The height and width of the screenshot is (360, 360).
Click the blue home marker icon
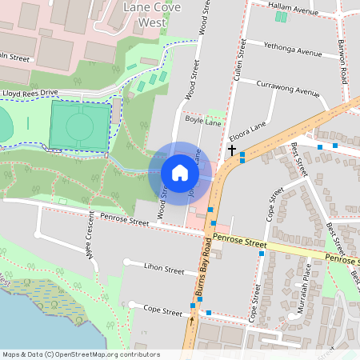(179, 172)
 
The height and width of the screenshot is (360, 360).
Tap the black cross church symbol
(232, 150)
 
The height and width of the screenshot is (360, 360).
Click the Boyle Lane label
(202, 120)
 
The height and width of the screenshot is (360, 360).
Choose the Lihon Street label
(163, 270)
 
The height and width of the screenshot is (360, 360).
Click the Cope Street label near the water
(163, 309)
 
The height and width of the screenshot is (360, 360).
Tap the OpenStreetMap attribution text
(80, 354)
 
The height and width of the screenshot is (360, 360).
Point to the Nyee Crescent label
(90, 241)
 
